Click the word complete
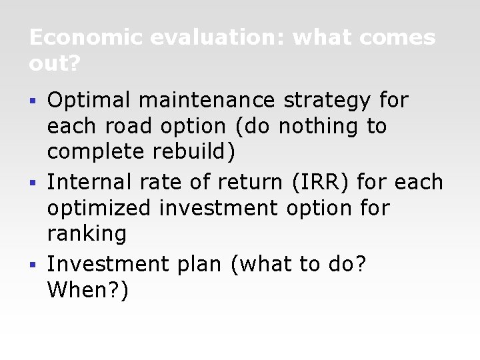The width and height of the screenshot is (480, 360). tap(95, 152)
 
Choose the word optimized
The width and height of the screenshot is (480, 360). tap(99, 208)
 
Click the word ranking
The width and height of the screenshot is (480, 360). tap(87, 234)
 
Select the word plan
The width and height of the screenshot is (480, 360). tap(199, 265)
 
